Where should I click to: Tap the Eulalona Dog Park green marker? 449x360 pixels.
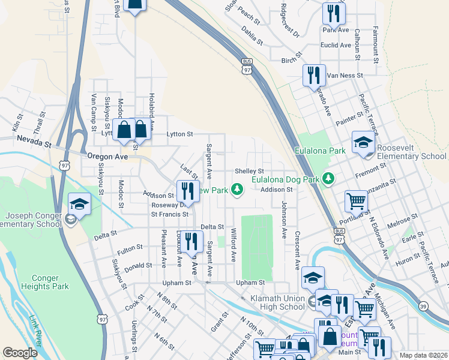pos(328,178)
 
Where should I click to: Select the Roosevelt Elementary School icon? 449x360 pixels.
pos(363,143)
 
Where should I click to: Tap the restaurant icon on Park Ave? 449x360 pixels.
pos(333,14)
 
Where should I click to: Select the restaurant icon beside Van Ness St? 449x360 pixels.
pos(313,76)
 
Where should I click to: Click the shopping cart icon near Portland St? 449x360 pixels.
pos(357,203)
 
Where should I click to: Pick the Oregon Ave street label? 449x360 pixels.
pos(107,156)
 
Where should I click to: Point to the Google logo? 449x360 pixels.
pos(20,353)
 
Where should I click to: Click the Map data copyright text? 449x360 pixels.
pos(423,355)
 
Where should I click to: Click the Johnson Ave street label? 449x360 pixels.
pos(283,214)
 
